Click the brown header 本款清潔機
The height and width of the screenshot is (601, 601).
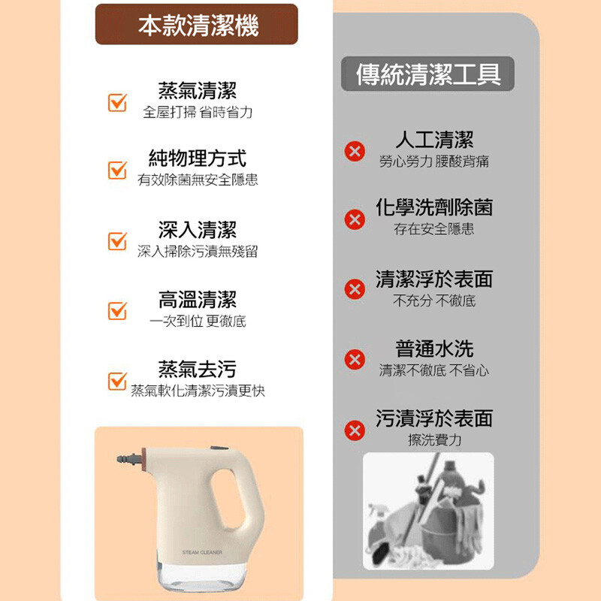(x=197, y=24)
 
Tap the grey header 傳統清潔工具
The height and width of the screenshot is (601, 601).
(x=427, y=74)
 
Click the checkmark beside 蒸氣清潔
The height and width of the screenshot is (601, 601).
(x=117, y=102)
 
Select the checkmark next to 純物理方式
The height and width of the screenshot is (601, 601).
(x=117, y=171)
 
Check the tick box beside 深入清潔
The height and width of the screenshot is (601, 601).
(x=117, y=241)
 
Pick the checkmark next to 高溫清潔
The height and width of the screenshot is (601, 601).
(x=117, y=311)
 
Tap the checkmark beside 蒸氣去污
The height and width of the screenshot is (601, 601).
(x=117, y=381)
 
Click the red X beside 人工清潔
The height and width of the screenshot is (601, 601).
(x=355, y=151)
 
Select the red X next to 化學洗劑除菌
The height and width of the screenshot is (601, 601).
(x=355, y=219)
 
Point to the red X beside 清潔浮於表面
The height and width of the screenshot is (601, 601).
(x=355, y=289)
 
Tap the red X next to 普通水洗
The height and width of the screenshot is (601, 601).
(x=355, y=360)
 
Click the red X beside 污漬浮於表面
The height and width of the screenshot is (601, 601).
(x=355, y=430)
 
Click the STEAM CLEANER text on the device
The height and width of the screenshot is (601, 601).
(x=202, y=552)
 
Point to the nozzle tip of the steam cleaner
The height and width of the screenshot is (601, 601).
(x=119, y=459)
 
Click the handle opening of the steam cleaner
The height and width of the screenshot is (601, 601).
(x=229, y=498)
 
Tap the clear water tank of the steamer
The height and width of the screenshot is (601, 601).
(x=202, y=575)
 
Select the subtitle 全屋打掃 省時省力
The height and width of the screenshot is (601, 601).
(x=198, y=112)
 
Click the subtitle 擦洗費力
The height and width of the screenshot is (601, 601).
(x=435, y=439)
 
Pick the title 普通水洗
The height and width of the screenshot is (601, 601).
(x=435, y=349)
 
